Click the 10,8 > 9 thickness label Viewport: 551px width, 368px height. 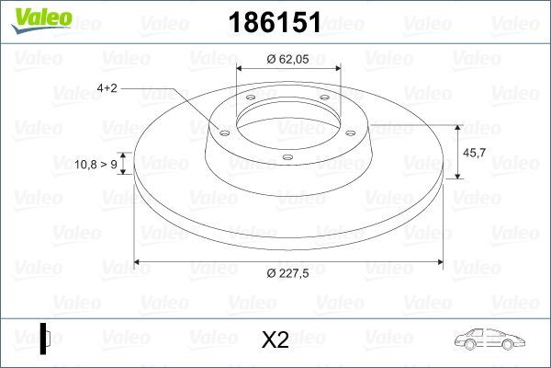(x=95, y=164)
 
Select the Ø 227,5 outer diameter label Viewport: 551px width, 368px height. (x=287, y=274)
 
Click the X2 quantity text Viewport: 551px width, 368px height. (x=275, y=339)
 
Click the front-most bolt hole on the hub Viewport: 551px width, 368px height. (x=287, y=157)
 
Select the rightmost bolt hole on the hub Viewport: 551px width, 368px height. (x=344, y=129)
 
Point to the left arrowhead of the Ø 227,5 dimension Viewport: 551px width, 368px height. (x=139, y=263)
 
